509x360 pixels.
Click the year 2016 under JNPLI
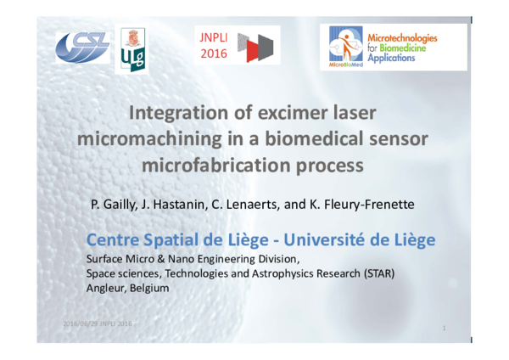tap(213, 55)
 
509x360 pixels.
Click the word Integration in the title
tap(170, 113)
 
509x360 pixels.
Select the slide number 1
tap(445, 327)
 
